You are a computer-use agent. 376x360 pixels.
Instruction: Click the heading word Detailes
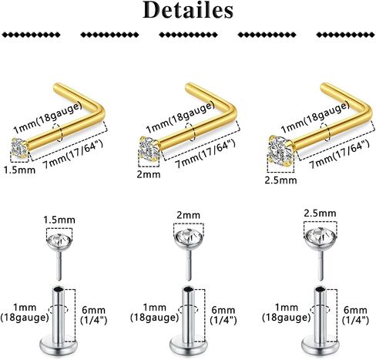[x=188, y=10]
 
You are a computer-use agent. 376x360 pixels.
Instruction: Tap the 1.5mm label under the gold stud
[x=19, y=170]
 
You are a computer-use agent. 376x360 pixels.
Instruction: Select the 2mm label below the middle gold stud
[x=149, y=174]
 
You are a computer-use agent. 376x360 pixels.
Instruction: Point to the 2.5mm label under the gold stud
[x=280, y=180]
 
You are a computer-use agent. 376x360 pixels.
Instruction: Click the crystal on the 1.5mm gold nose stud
[x=19, y=147]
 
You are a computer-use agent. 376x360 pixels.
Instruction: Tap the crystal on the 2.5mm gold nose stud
[x=280, y=150]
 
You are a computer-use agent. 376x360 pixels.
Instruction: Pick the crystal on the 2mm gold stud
[x=149, y=149]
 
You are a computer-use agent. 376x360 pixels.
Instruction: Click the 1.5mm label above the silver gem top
[x=59, y=220]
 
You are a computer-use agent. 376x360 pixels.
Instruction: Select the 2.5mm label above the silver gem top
[x=320, y=214]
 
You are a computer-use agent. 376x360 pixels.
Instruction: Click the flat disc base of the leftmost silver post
[x=59, y=345]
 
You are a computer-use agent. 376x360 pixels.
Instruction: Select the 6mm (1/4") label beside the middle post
[x=223, y=315]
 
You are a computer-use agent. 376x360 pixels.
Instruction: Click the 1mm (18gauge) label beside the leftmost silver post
[x=25, y=312]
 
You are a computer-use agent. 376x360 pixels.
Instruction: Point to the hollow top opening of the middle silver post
[x=188, y=289]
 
